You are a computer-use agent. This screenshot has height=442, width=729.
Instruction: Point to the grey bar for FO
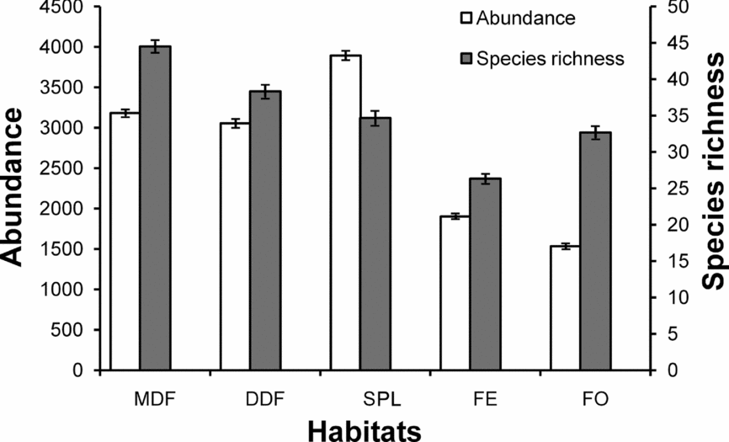pyautogui.click(x=595, y=252)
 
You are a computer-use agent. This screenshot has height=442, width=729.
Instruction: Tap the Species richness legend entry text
pyautogui.click(x=549, y=58)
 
